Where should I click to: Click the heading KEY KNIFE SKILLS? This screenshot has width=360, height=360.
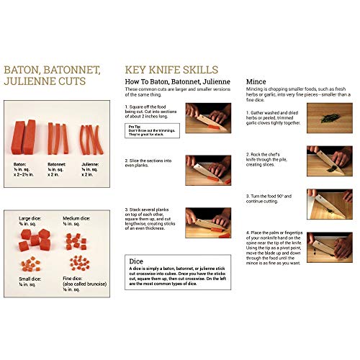pyautogui.click(x=171, y=70)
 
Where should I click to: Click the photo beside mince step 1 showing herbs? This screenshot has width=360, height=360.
pyautogui.click(x=329, y=114)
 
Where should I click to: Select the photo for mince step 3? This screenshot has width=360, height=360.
pyautogui.click(x=329, y=202)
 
